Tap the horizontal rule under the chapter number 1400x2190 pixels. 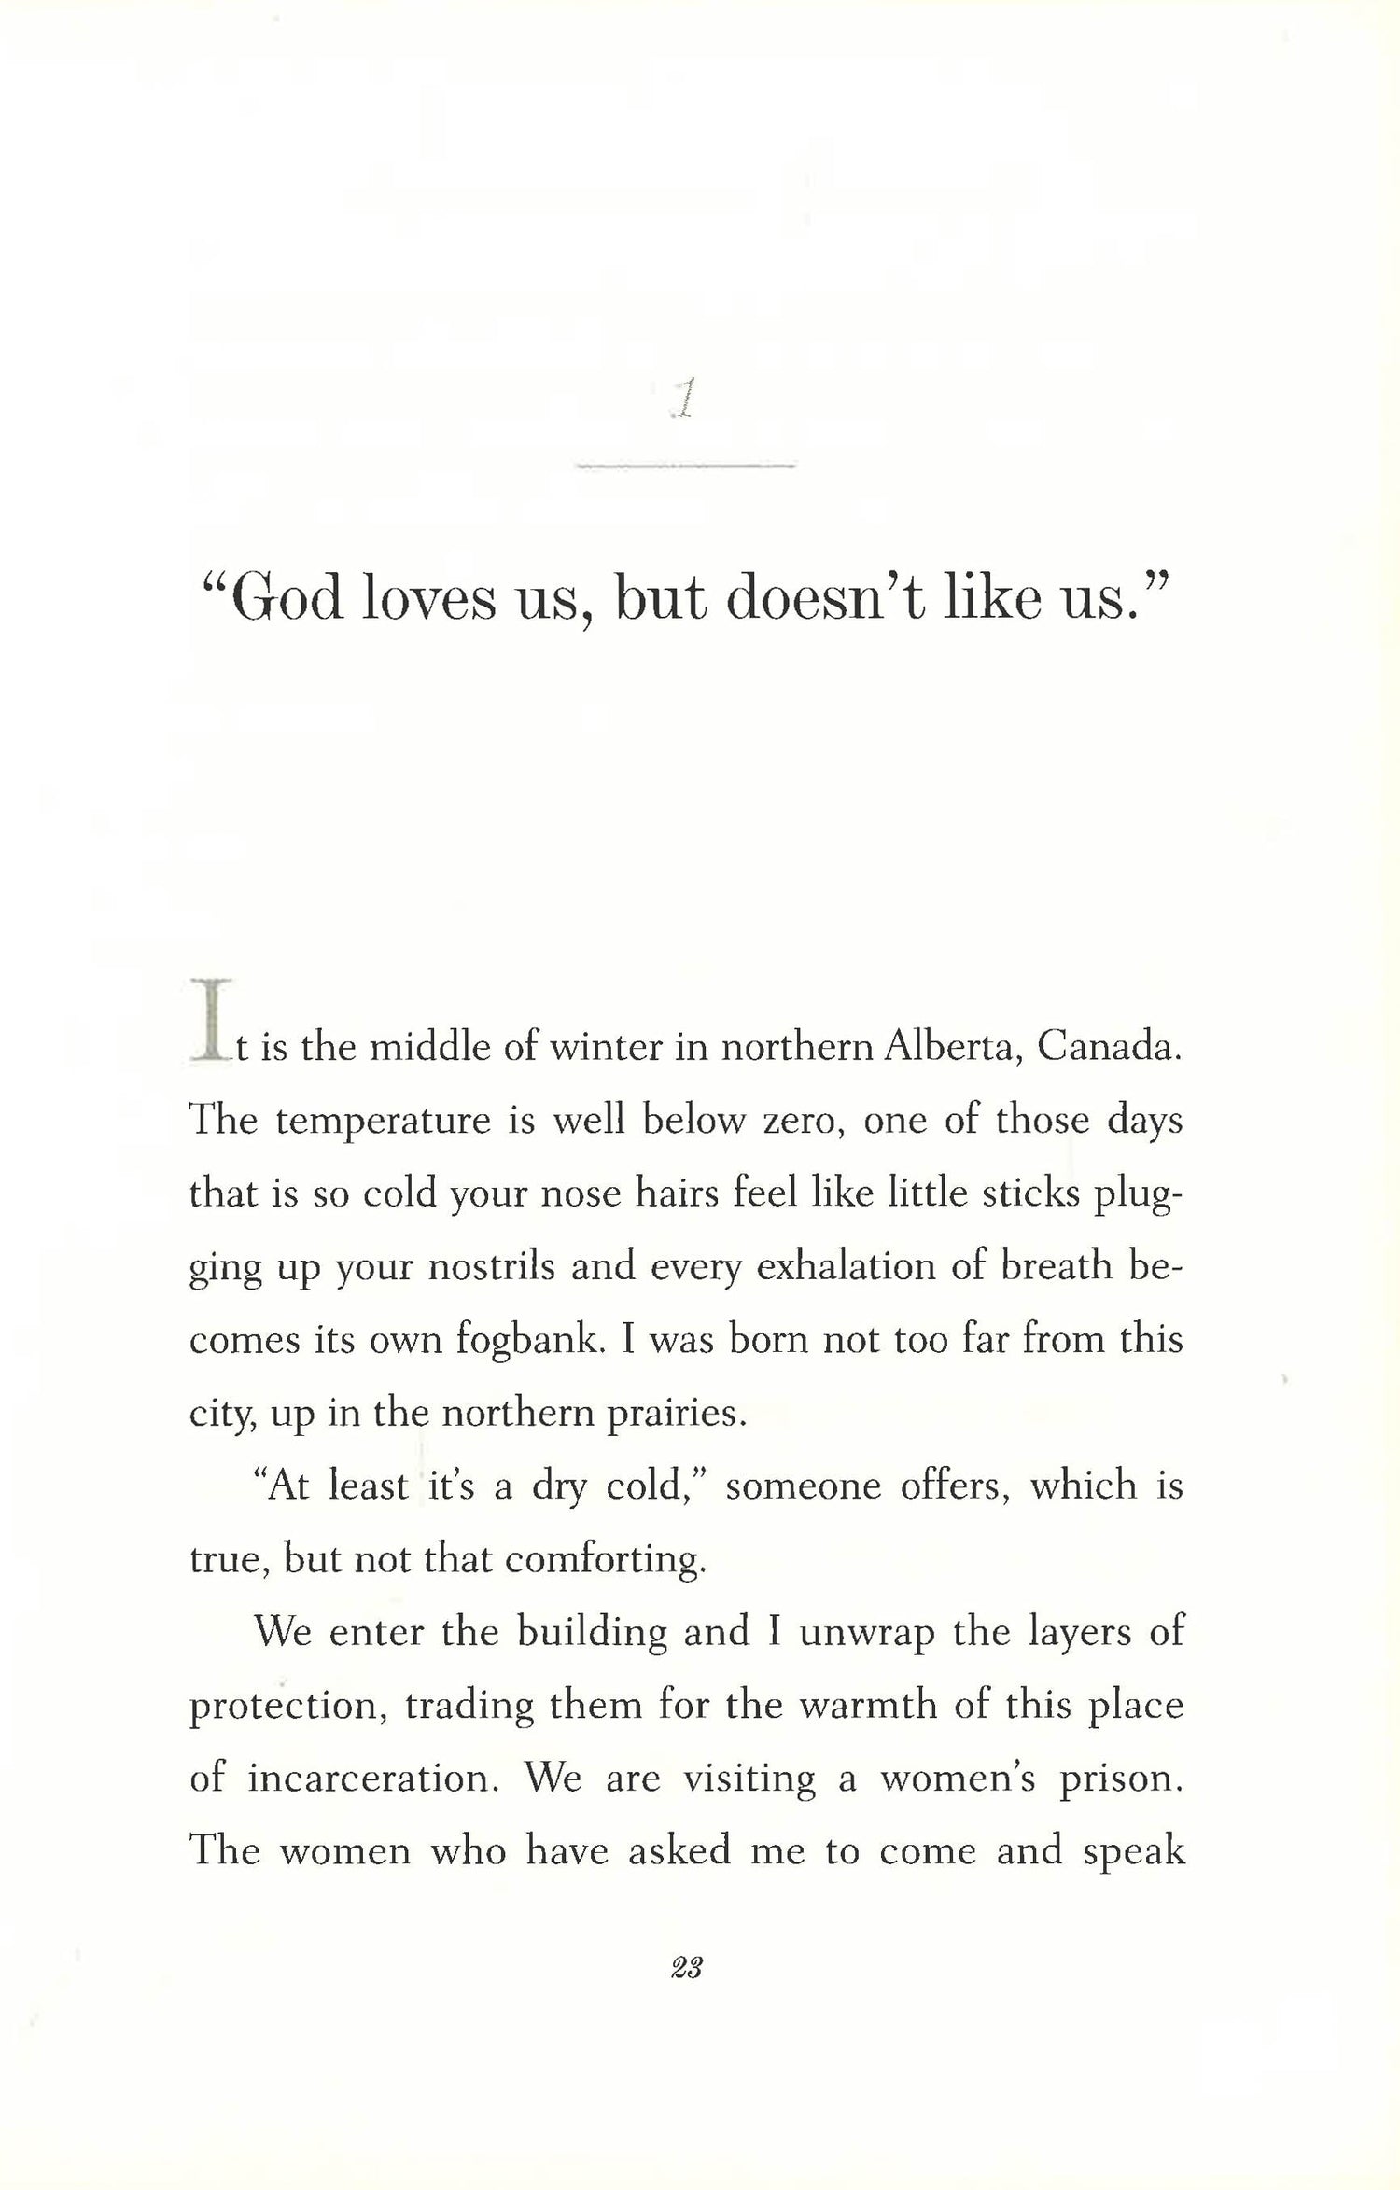[685, 464]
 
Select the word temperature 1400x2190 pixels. [383, 1121]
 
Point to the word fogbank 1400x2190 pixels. [529, 1341]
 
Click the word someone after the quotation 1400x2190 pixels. [803, 1486]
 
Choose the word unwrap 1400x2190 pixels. [866, 1633]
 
